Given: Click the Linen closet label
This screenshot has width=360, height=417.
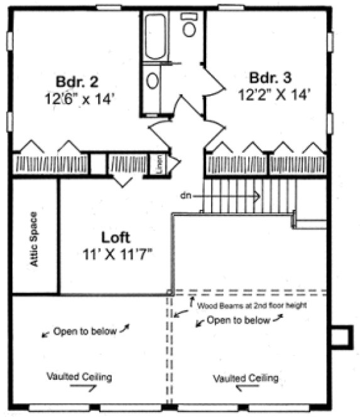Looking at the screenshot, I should [x=160, y=165].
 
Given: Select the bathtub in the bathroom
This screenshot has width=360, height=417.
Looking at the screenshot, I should [x=155, y=36].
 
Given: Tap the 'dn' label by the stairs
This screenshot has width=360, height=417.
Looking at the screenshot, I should [x=185, y=196].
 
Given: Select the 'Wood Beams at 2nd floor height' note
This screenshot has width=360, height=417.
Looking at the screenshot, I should [x=251, y=306].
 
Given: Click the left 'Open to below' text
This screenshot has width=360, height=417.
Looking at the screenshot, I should [x=84, y=331].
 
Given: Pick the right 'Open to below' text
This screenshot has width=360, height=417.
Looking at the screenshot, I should [x=238, y=320].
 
